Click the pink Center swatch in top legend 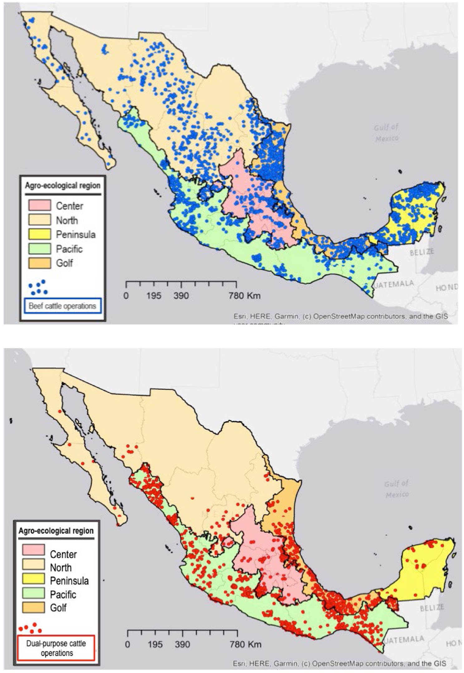(x=39, y=205)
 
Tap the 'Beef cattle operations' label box (x=62, y=306)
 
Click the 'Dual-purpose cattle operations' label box (x=56, y=648)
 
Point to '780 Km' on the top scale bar (x=244, y=295)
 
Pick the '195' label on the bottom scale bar (x=155, y=644)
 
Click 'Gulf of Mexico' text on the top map (x=386, y=132)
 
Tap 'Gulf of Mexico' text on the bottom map (x=396, y=489)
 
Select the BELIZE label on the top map (x=422, y=252)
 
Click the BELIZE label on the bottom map (x=432, y=607)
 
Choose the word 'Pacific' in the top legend (x=69, y=249)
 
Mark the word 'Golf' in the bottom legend (x=58, y=607)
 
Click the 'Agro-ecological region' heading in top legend (x=62, y=185)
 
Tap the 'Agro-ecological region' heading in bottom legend (x=56, y=531)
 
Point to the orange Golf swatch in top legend (x=39, y=263)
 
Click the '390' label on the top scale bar (x=181, y=295)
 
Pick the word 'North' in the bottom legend (x=60, y=567)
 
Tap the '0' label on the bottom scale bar (x=127, y=644)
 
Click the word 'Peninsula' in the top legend (x=75, y=234)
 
